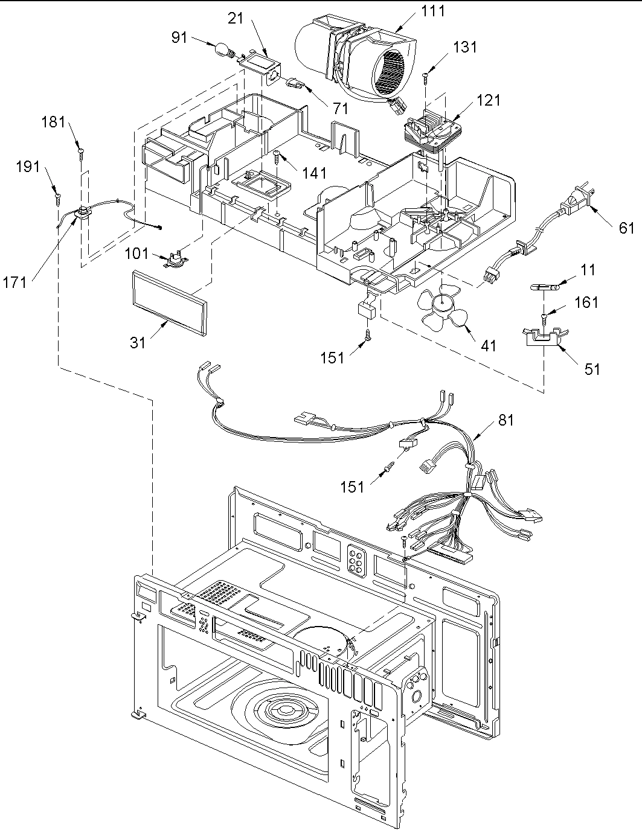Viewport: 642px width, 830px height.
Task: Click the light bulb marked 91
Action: coord(223,51)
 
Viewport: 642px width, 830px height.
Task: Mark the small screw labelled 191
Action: coord(59,197)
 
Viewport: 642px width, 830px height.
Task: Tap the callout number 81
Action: coord(506,420)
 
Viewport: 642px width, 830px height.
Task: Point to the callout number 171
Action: coord(14,283)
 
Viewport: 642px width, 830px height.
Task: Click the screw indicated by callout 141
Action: coord(277,156)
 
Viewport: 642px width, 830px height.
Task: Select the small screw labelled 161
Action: coord(544,317)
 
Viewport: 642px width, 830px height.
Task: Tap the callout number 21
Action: coord(236,18)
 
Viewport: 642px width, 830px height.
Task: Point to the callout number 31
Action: coord(138,343)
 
